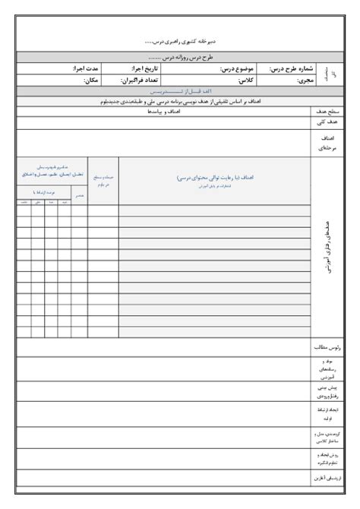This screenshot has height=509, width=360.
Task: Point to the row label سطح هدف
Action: coord(328,111)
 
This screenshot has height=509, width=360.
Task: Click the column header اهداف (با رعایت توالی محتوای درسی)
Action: coord(214,178)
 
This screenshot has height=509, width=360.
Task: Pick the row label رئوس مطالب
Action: coord(328,347)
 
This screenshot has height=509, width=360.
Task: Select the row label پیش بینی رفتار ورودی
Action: coord(328,390)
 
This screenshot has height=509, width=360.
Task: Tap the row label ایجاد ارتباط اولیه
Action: coord(328,413)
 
